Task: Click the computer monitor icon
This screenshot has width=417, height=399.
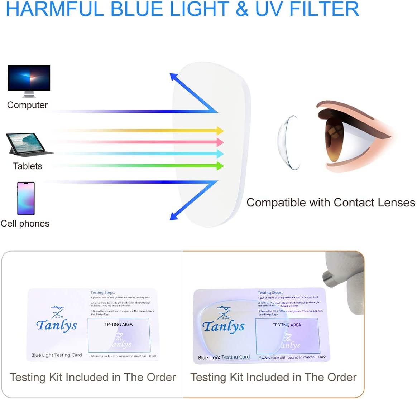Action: click(x=29, y=81)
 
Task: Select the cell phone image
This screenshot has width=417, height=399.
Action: click(x=26, y=198)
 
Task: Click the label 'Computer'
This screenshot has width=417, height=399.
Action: click(x=27, y=105)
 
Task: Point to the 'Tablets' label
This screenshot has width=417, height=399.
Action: click(x=28, y=166)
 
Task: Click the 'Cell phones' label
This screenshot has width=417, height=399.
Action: click(x=25, y=224)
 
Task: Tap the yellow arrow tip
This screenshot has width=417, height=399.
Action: click(x=220, y=131)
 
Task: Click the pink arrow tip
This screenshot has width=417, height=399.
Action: click(x=220, y=142)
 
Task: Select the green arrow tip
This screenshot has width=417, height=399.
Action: click(x=220, y=166)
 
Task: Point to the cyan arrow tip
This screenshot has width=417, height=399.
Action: click(x=220, y=154)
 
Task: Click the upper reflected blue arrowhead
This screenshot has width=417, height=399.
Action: click(x=174, y=77)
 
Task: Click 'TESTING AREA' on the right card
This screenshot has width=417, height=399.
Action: click(x=287, y=325)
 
